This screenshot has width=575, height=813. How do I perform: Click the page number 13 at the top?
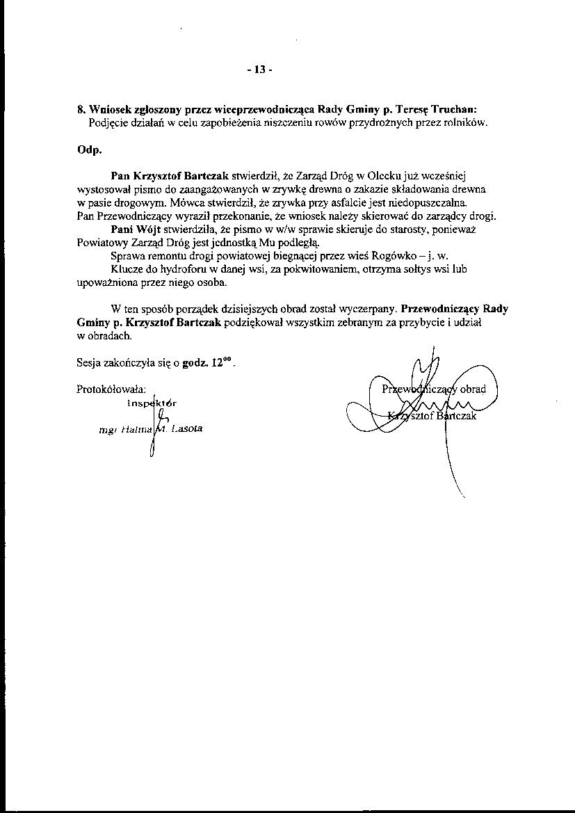click(x=259, y=70)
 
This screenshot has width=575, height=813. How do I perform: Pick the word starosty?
click(x=397, y=229)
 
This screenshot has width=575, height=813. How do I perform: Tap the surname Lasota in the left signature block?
click(x=185, y=428)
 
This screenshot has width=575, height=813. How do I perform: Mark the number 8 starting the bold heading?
click(x=80, y=109)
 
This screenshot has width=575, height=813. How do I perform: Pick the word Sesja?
click(x=89, y=363)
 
